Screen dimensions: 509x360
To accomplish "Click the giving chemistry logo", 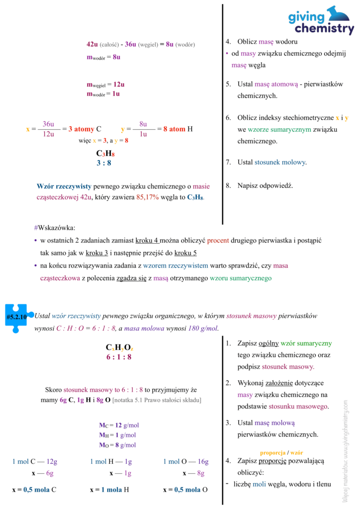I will coord(321,21).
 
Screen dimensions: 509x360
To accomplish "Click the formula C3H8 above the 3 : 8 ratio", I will coord(105,154).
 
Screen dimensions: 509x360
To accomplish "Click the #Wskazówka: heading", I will coord(55,228).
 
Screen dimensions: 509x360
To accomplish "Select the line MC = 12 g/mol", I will coord(119,425).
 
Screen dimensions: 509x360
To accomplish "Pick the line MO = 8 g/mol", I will coord(117,445).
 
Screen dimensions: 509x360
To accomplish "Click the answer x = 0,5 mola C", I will coord(34,490).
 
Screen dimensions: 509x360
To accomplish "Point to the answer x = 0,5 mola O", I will coord(185,490).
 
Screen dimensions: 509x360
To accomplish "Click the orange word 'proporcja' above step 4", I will coord(272,453).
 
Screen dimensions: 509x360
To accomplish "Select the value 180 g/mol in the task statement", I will coord(203,328).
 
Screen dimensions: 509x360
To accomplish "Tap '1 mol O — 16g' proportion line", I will coord(185,461).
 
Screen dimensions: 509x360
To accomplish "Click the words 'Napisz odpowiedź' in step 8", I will coord(265,186).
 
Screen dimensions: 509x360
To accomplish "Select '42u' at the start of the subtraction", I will coord(92,44).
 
